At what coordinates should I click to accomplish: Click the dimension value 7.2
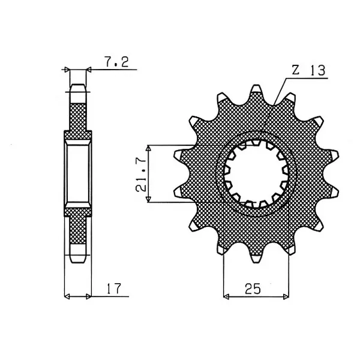coord(116,62)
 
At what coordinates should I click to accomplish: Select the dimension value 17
coord(113,289)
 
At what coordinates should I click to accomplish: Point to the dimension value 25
coord(253,289)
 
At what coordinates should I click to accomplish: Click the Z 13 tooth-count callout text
coord(308,70)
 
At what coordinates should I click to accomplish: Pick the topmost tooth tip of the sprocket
coord(256,85)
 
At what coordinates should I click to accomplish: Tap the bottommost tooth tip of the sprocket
coord(256,262)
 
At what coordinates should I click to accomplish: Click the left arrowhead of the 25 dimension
coord(226,296)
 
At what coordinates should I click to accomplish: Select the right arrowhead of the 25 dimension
coord(286,296)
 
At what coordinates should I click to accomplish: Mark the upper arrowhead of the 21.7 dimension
coord(149,148)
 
